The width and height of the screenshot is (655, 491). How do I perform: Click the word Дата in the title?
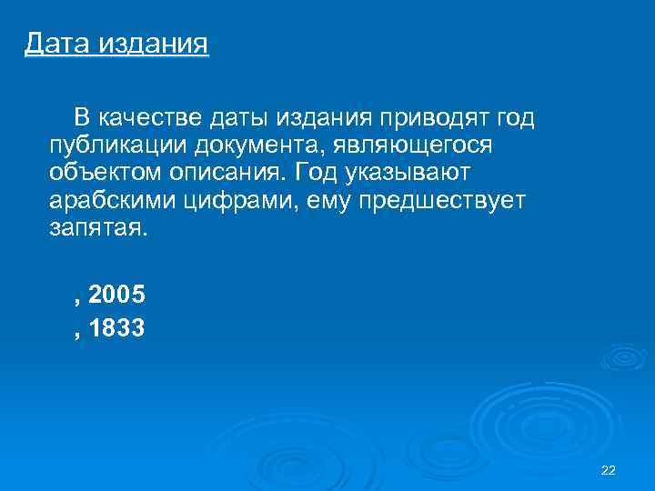coord(56,43)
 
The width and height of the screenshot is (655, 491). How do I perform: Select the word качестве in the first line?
coord(150,117)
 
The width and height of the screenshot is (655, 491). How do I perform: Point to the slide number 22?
coord(609,469)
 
